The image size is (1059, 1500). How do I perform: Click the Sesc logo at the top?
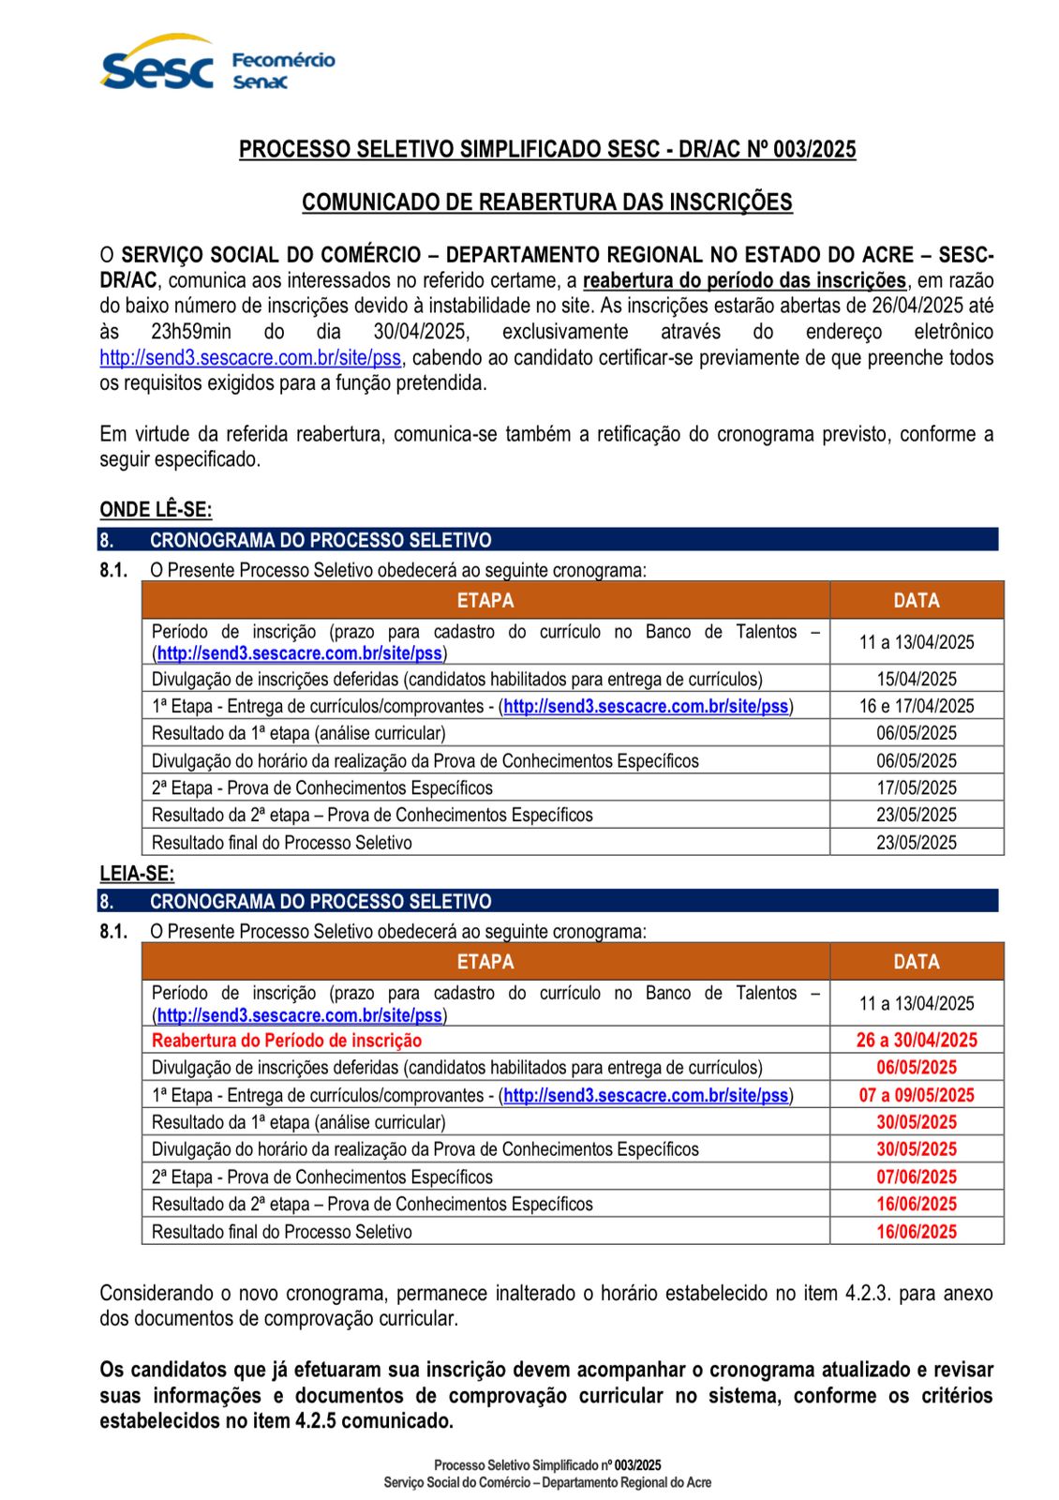point(157,66)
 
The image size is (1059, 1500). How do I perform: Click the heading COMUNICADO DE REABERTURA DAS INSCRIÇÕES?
point(546,202)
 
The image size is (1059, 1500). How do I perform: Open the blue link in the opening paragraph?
point(251,358)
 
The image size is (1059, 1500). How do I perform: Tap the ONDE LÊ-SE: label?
point(156,510)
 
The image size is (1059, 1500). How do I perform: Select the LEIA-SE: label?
point(137,874)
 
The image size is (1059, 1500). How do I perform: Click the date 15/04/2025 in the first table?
point(916,679)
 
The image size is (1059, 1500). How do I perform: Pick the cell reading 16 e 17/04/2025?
point(916,706)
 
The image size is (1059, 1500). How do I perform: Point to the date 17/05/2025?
point(916,787)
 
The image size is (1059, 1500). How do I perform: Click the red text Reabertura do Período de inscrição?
point(287,1040)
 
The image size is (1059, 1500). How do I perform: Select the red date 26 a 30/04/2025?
point(916,1040)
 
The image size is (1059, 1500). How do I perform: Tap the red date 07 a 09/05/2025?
point(916,1095)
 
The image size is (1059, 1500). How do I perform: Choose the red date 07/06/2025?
point(916,1177)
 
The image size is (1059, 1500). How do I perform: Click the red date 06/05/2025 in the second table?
point(916,1067)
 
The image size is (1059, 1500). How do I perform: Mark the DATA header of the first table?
point(916,600)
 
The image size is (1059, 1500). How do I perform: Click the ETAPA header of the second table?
point(485,962)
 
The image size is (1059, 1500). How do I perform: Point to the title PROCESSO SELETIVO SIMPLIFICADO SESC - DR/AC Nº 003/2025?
point(547,150)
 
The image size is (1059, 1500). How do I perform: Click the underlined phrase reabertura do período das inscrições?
point(744,280)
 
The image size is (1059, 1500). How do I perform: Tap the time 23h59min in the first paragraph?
point(191,332)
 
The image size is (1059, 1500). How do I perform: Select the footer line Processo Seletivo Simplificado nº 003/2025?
point(547,1465)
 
